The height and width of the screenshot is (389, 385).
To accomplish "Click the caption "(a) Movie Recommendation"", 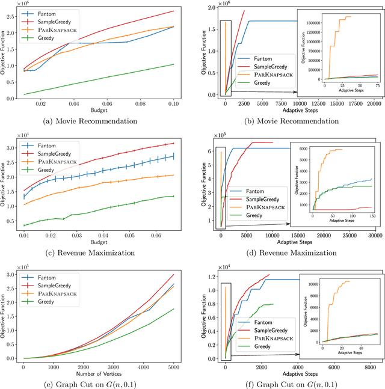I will (100, 121).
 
